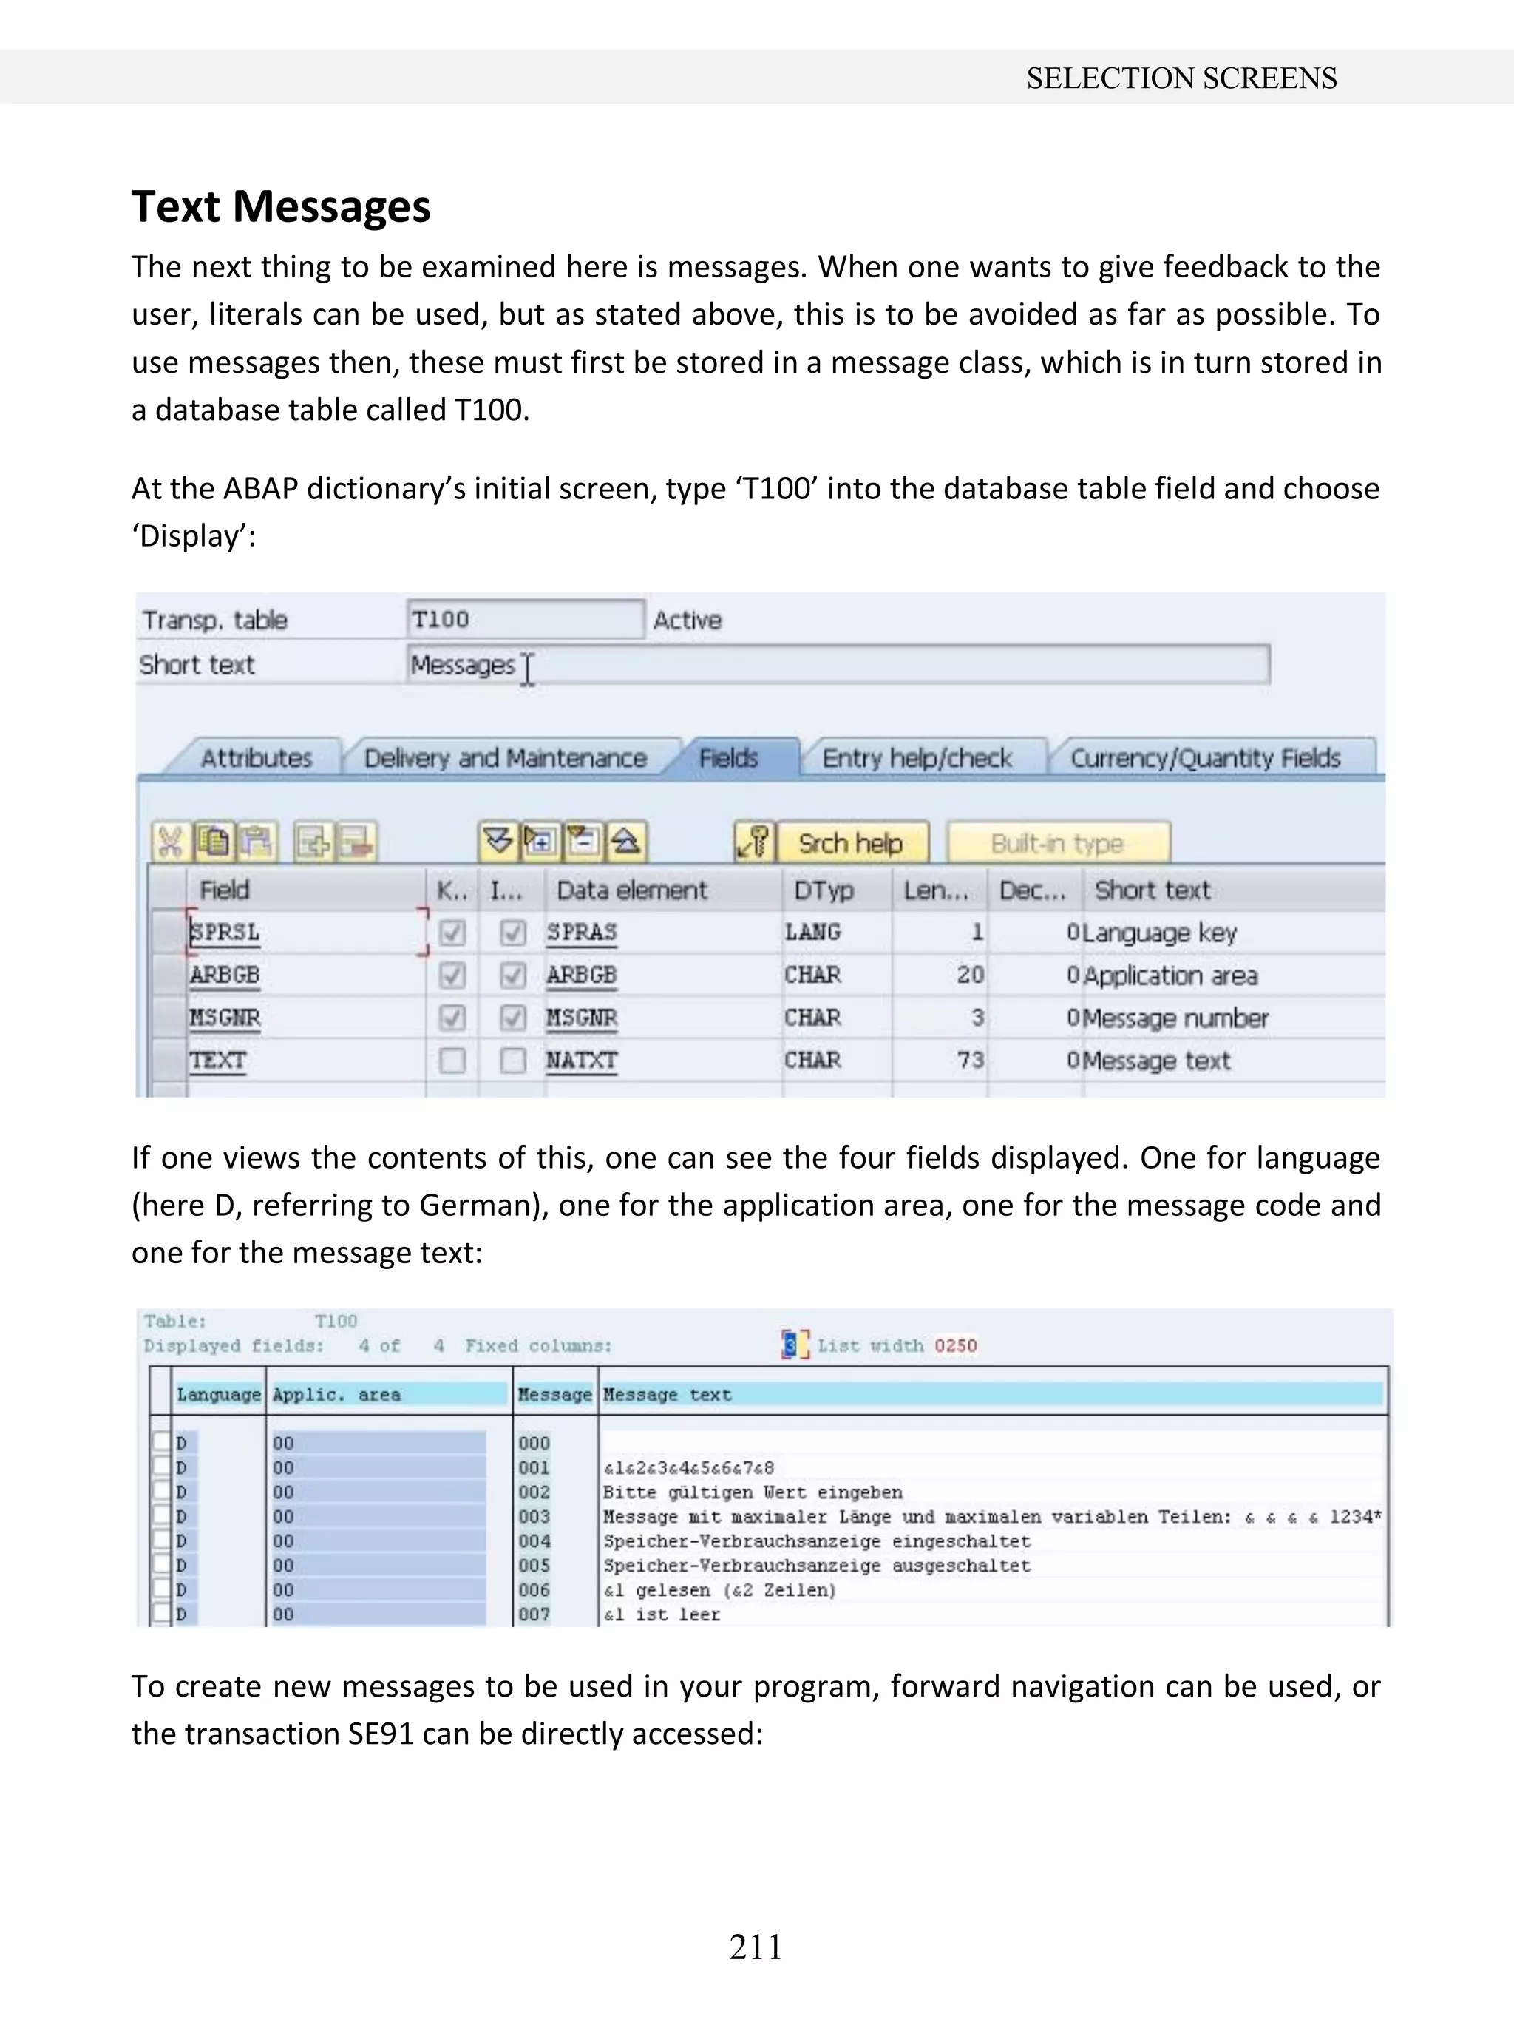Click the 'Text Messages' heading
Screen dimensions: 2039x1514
coord(280,206)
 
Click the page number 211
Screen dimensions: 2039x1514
coord(756,1946)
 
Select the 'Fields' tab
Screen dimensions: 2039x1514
coord(729,758)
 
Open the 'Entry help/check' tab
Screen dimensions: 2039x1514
coord(917,758)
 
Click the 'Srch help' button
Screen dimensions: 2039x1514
coord(849,842)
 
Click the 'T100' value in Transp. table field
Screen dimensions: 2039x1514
coord(441,620)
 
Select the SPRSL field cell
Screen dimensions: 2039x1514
coord(225,933)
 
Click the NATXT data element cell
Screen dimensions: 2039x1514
coord(581,1061)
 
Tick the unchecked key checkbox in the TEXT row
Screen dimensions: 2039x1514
coord(452,1061)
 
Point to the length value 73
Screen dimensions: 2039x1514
coord(970,1061)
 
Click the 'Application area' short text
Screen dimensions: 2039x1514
coord(1170,975)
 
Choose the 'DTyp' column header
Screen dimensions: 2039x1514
coord(823,890)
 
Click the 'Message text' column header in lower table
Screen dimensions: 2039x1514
coord(668,1395)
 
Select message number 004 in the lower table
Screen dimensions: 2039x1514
coord(534,1541)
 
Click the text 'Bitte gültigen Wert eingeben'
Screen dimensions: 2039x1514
coord(752,1492)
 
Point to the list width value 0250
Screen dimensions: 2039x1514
coord(955,1346)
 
